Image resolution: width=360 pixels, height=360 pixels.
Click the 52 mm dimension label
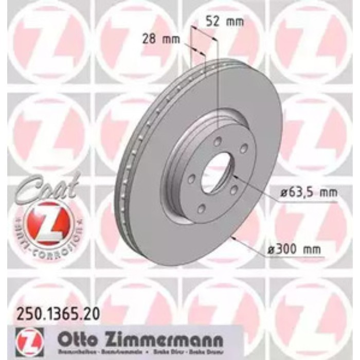pyautogui.click(x=224, y=22)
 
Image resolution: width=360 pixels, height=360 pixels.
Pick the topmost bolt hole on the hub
pyautogui.click(x=218, y=141)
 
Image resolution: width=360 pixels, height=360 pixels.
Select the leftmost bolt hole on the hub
pyautogui.click(x=191, y=179)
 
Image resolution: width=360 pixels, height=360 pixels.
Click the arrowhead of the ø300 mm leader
pyautogui.click(x=233, y=238)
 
